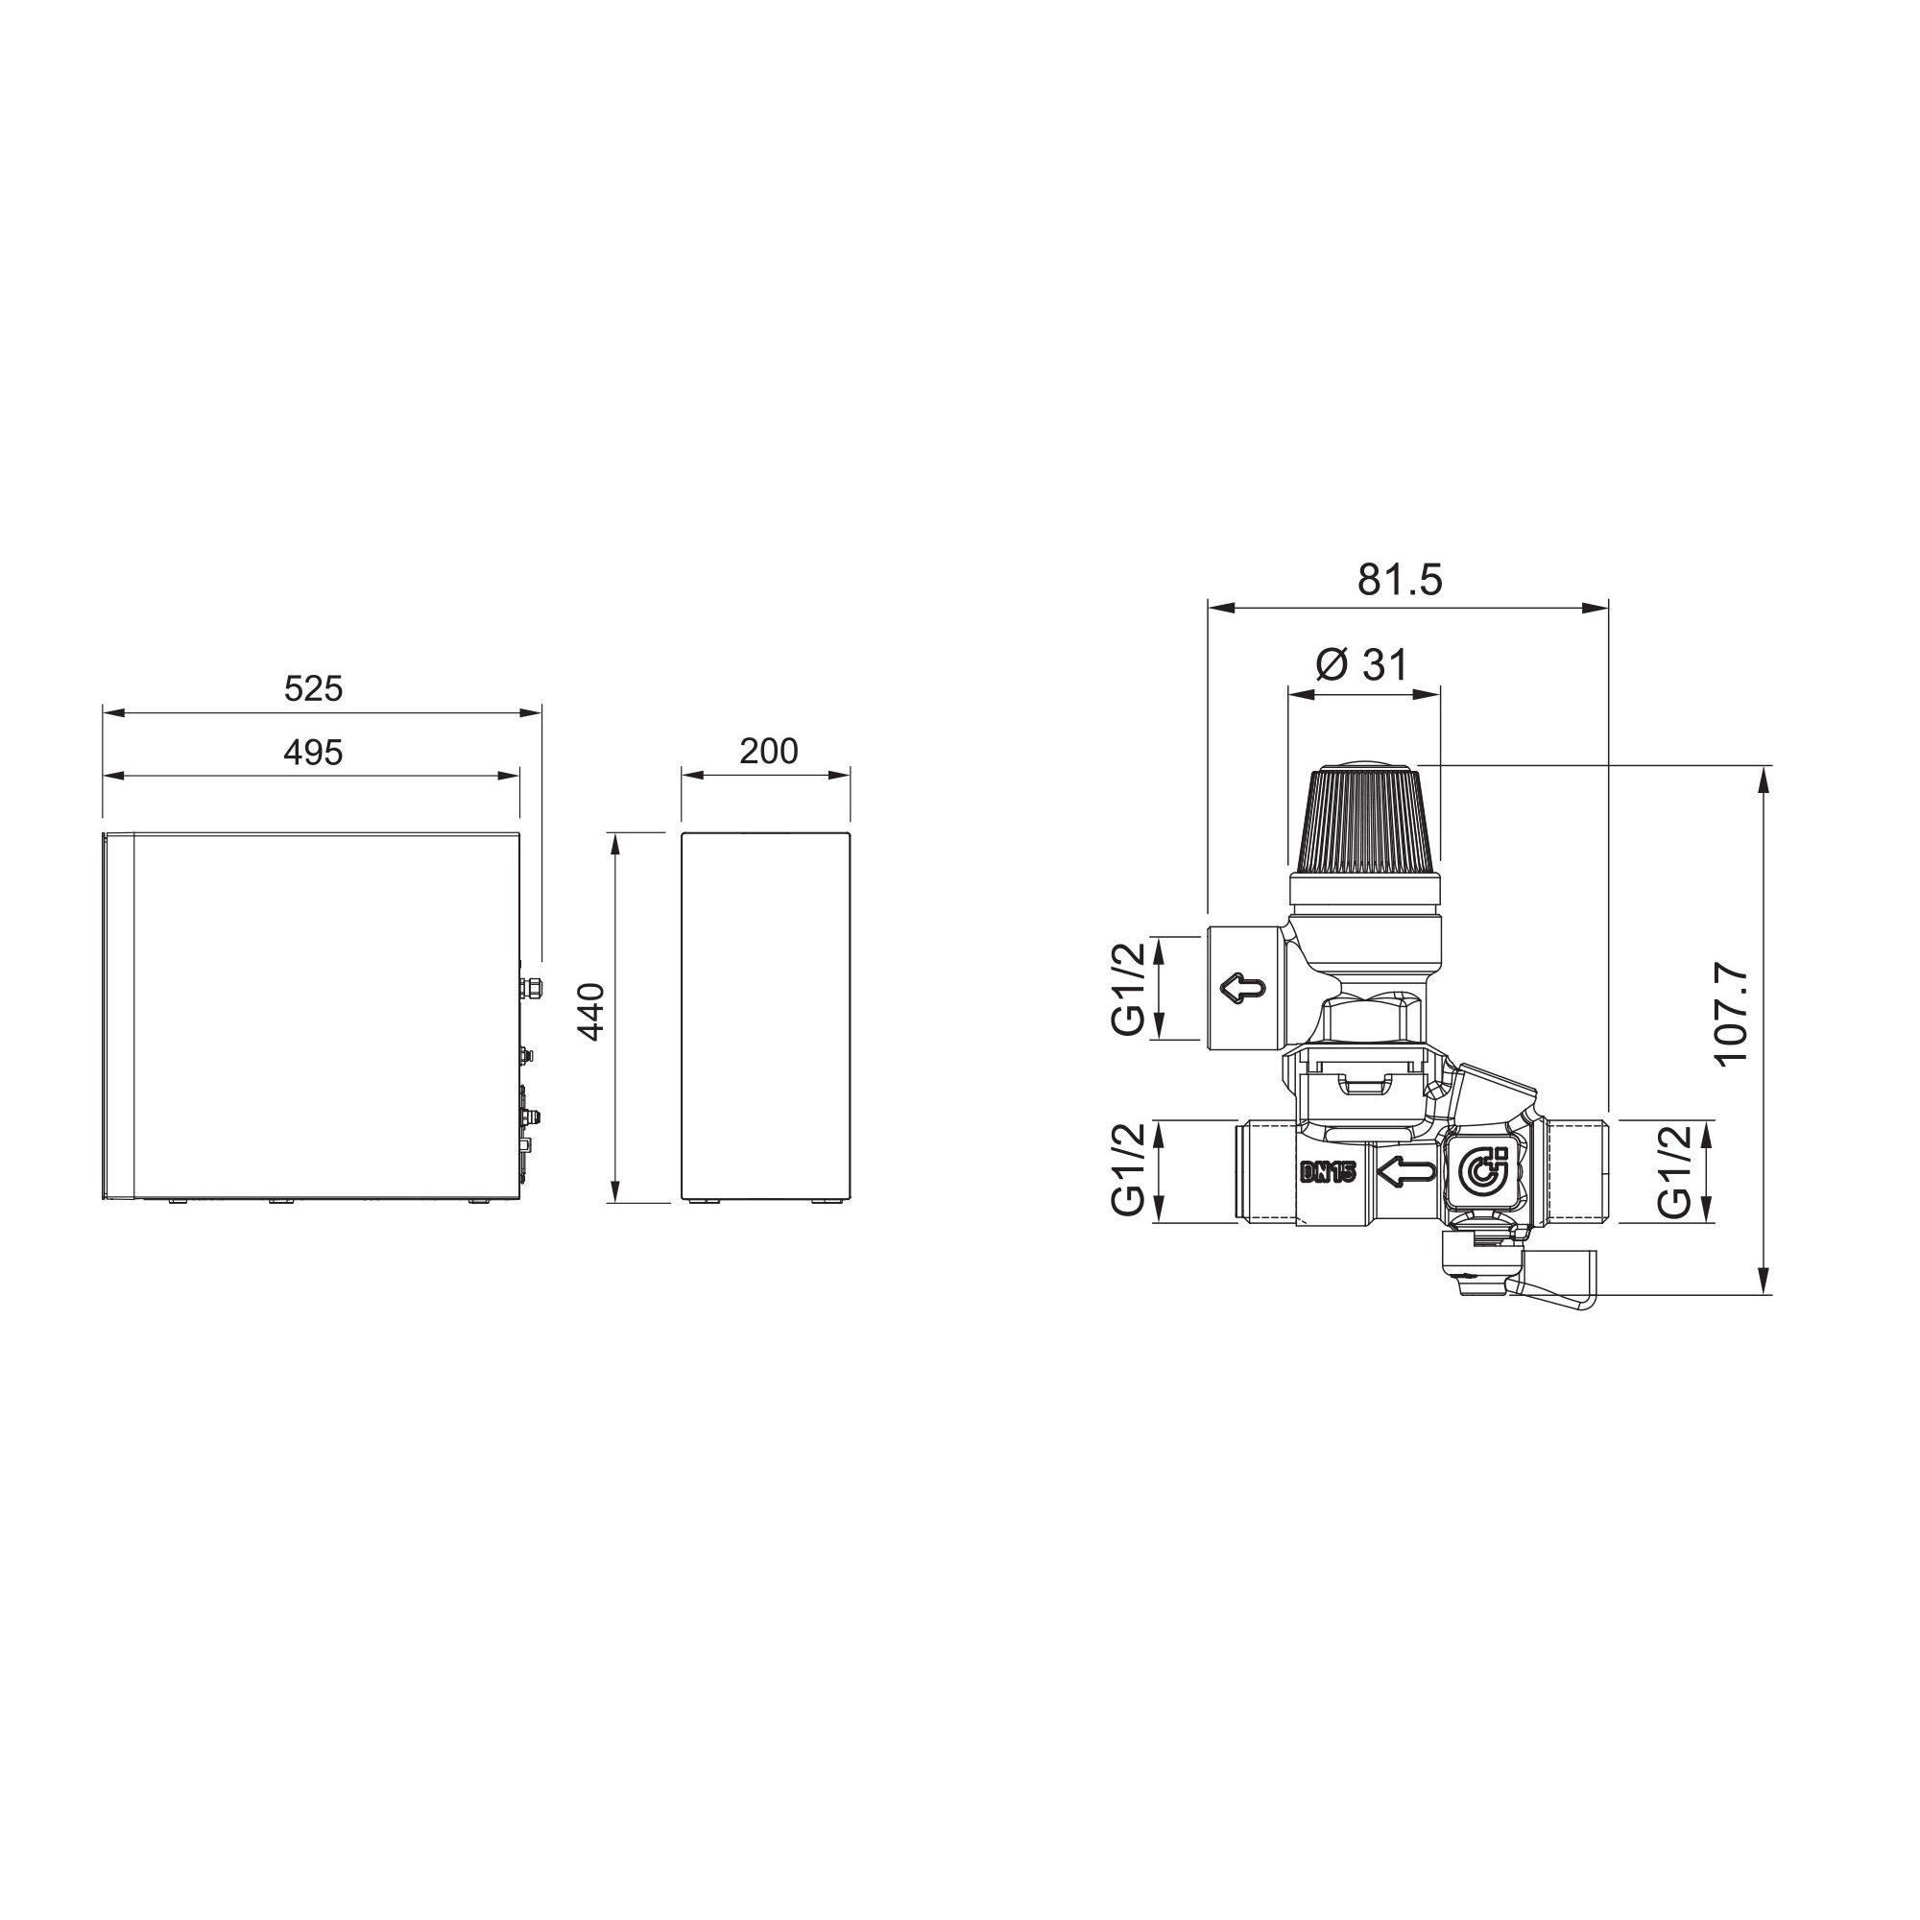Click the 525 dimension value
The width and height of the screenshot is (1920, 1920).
[x=313, y=688]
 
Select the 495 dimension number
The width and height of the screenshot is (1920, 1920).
[x=313, y=753]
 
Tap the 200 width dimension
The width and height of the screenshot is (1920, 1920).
[x=768, y=752]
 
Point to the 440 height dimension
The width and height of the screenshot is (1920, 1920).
[x=592, y=1012]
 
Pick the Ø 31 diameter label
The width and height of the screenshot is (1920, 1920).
[x=1361, y=665]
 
